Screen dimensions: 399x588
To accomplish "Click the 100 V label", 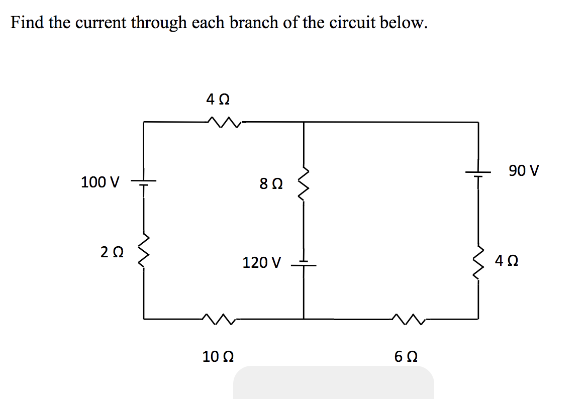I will [x=100, y=182].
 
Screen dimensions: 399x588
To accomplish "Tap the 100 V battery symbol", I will [x=144, y=182].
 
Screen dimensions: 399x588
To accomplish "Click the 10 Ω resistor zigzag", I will [x=218, y=318].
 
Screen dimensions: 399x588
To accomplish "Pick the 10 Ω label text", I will [x=217, y=357].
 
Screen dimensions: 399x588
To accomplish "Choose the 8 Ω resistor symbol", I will [x=303, y=184].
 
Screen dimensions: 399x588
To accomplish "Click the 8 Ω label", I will [x=271, y=184].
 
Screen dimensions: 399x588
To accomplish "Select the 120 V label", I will [x=262, y=262].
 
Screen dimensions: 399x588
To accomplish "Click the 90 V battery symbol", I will [x=478, y=172].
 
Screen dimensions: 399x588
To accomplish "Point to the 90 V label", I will [x=524, y=171].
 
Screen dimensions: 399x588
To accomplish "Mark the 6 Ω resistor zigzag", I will [x=410, y=318].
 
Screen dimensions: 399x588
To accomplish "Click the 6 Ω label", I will [x=407, y=357].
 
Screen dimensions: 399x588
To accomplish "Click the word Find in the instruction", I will [x=28, y=23].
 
